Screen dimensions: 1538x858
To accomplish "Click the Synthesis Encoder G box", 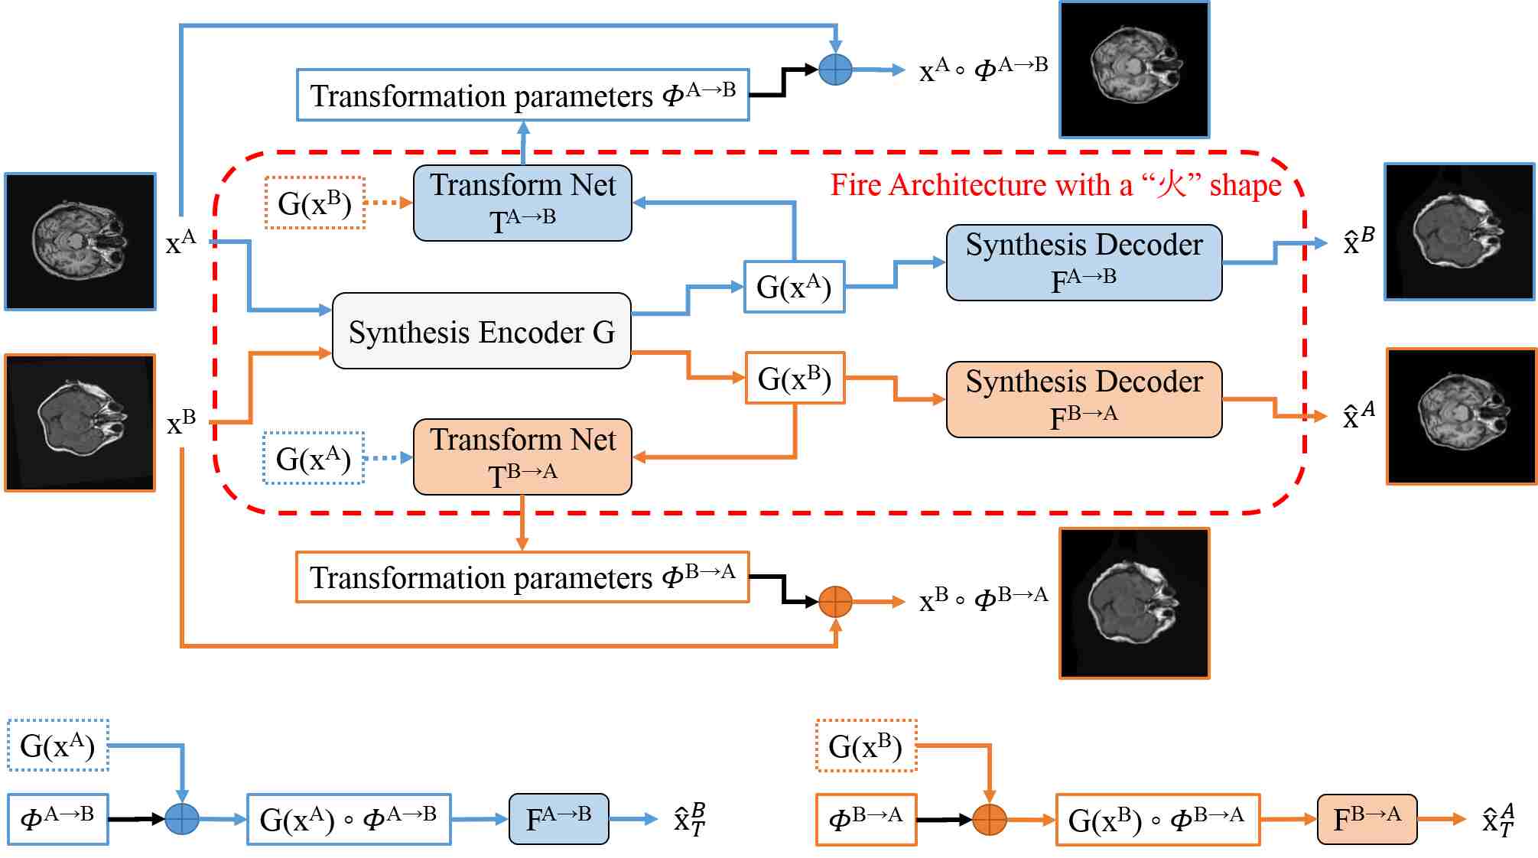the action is tap(482, 331).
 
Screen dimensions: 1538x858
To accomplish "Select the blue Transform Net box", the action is tap(522, 203).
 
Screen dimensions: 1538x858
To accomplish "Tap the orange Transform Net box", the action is tap(522, 457).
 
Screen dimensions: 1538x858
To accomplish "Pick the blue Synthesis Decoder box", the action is tap(1084, 262).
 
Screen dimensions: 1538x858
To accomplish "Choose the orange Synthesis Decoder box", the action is tap(1084, 399).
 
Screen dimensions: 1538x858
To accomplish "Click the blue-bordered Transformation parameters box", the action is tap(522, 95).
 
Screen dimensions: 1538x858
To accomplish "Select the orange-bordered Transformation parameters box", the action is tap(522, 577).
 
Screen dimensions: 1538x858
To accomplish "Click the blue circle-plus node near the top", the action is tap(835, 70).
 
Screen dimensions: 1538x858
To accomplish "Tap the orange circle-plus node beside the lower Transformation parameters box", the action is tap(835, 602).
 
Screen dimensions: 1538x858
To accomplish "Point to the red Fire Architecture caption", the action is tap(1055, 185).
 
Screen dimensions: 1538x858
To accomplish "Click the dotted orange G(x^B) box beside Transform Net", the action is tap(314, 203).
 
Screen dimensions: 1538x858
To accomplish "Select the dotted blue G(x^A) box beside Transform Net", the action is tap(314, 458).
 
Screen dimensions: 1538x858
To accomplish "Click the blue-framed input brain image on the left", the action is tap(80, 242).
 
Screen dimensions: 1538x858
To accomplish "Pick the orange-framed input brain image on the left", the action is tap(80, 422).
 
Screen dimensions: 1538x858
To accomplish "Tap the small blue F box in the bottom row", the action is tap(558, 819).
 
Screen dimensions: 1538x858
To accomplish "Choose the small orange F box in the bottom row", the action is tap(1367, 819).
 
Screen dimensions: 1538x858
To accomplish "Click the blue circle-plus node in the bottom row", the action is tap(182, 819).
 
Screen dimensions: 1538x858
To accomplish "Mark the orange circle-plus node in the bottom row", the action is tap(990, 819).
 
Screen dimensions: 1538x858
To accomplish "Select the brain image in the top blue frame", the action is tap(1134, 70).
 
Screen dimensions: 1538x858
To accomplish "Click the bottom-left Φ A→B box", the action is tap(58, 819).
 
